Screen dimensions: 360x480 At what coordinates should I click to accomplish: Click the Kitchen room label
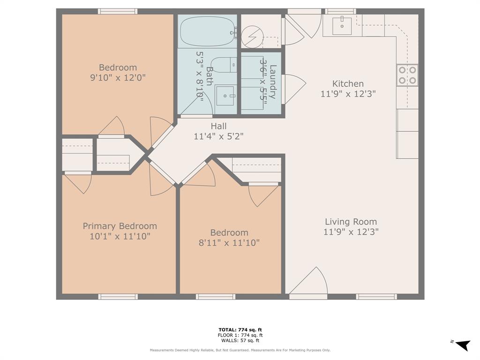click(x=348, y=84)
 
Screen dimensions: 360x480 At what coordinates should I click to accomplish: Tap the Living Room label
click(x=351, y=222)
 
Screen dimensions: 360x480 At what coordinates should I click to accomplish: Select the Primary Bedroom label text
click(x=120, y=226)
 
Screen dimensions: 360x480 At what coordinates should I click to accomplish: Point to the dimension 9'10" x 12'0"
click(x=118, y=78)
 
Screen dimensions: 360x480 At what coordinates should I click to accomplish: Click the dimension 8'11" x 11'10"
click(x=229, y=243)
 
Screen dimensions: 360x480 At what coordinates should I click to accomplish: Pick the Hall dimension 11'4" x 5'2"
click(x=218, y=136)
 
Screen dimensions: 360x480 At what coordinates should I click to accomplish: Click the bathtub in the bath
click(x=207, y=31)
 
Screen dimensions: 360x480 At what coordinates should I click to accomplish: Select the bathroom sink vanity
click(x=225, y=96)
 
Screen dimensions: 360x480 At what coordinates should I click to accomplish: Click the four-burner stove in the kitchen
click(x=407, y=75)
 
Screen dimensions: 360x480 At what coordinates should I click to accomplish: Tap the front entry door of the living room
click(x=308, y=283)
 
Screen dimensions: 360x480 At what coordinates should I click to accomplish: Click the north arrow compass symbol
click(x=463, y=345)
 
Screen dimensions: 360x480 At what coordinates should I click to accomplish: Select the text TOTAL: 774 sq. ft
click(x=240, y=330)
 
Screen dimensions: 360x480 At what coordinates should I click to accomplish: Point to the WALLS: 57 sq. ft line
click(x=240, y=341)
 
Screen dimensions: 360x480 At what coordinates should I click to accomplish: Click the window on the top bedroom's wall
click(x=118, y=11)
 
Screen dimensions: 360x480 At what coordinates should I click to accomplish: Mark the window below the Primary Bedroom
click(x=118, y=297)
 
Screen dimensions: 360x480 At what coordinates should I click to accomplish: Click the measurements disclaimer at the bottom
click(x=240, y=350)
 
